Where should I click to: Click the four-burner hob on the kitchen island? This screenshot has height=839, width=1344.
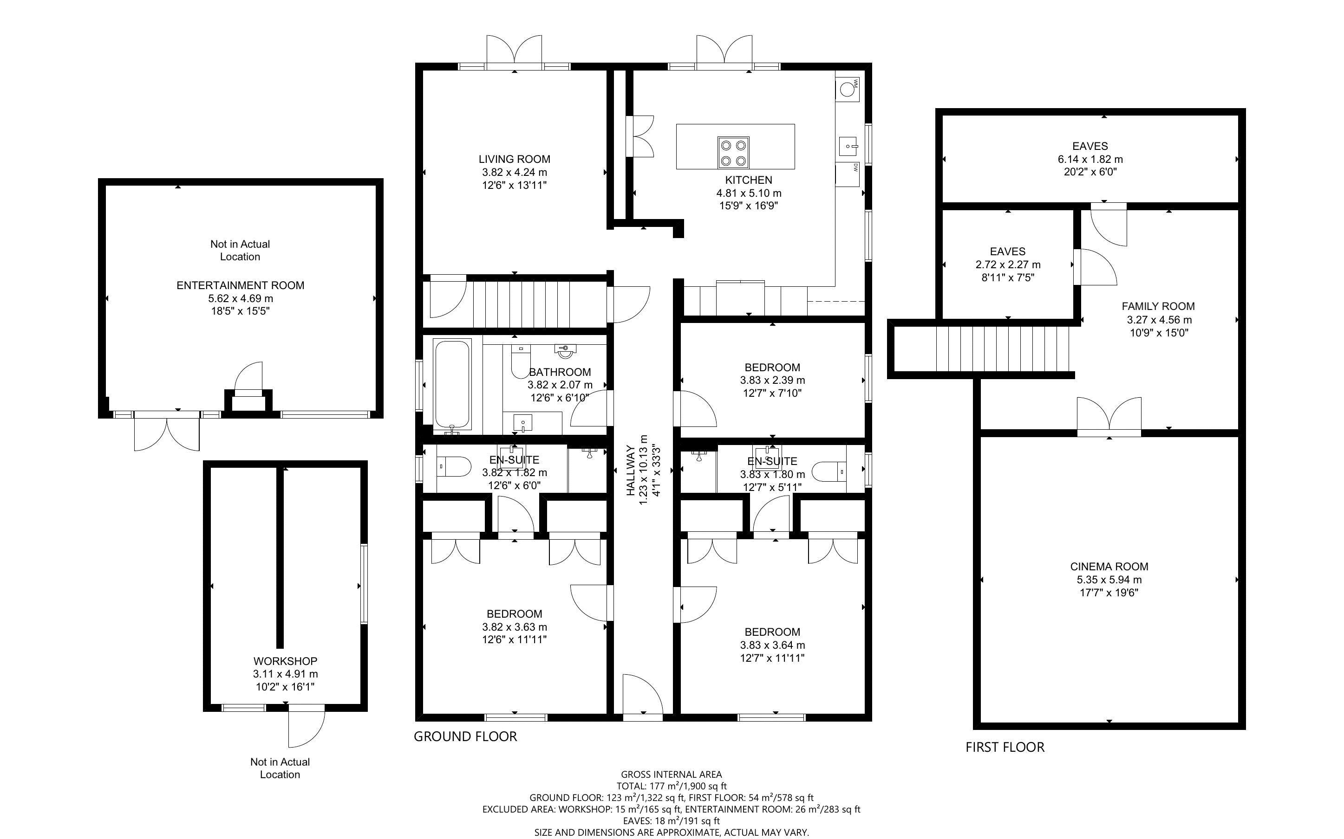(x=733, y=153)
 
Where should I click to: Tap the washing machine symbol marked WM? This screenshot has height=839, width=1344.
(x=848, y=89)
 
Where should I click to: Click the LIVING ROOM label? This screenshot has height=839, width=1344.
(x=514, y=159)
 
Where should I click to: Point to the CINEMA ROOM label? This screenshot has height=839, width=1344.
(x=1109, y=567)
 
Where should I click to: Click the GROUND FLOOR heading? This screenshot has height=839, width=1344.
(x=465, y=736)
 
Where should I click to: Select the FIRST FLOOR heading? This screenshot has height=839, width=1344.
(x=1005, y=747)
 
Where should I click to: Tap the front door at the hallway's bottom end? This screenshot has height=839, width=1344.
(x=642, y=699)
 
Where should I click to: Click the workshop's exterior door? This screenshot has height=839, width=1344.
(x=305, y=727)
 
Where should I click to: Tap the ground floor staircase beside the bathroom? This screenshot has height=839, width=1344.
(x=522, y=304)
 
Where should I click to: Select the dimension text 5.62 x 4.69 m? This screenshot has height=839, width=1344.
(x=241, y=298)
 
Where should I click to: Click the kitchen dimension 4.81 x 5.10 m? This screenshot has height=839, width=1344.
(x=748, y=193)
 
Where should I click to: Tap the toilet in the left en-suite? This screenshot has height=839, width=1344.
(x=454, y=466)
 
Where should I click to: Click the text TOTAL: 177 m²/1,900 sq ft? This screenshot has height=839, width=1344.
(x=671, y=786)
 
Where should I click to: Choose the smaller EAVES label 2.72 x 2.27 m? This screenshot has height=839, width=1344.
(x=1008, y=265)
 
